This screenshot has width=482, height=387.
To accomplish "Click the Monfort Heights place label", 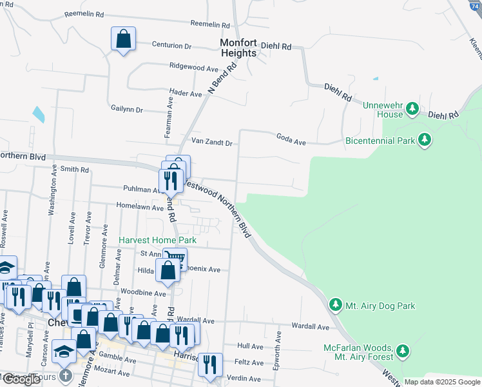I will (238, 48).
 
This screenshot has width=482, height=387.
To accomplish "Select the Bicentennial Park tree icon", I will (424, 139).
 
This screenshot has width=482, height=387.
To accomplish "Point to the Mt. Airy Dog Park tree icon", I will (335, 304).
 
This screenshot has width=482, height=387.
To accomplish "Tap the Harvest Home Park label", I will (157, 240).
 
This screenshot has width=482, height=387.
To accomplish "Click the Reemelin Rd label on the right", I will (211, 25).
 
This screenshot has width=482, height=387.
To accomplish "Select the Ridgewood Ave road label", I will (194, 67).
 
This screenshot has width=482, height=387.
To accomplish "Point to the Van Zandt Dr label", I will (211, 141).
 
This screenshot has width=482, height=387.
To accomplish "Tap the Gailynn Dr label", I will (126, 109).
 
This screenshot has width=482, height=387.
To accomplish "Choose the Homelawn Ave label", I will (140, 206).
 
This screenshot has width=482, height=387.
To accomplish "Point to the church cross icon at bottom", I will (65, 375).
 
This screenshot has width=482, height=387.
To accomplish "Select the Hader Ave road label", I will (186, 94).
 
